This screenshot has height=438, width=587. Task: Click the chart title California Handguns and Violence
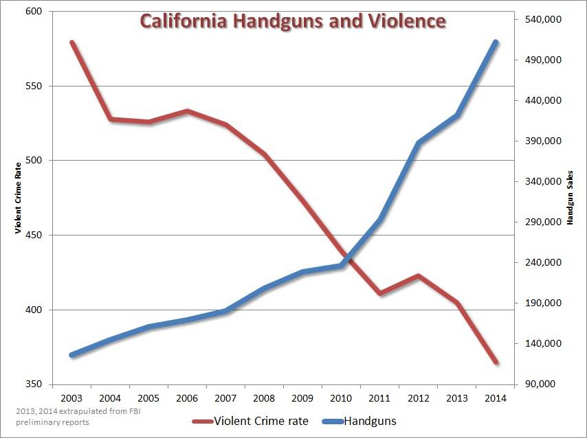pos(293,21)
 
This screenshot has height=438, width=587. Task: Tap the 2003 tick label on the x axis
pos(71,397)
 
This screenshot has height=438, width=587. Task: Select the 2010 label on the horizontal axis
pos(342,397)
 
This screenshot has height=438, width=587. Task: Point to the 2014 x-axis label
pos(496,397)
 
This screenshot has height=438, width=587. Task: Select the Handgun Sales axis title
pos(570,198)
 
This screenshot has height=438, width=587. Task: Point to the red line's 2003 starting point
pos(71,42)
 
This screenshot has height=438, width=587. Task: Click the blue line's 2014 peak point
pos(496,42)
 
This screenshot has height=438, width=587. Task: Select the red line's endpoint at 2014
pos(496,362)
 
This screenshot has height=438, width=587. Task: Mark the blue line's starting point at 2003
pos(71,355)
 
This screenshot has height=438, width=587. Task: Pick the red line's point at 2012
pos(419,275)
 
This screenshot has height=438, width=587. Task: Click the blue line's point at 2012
pos(419,143)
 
